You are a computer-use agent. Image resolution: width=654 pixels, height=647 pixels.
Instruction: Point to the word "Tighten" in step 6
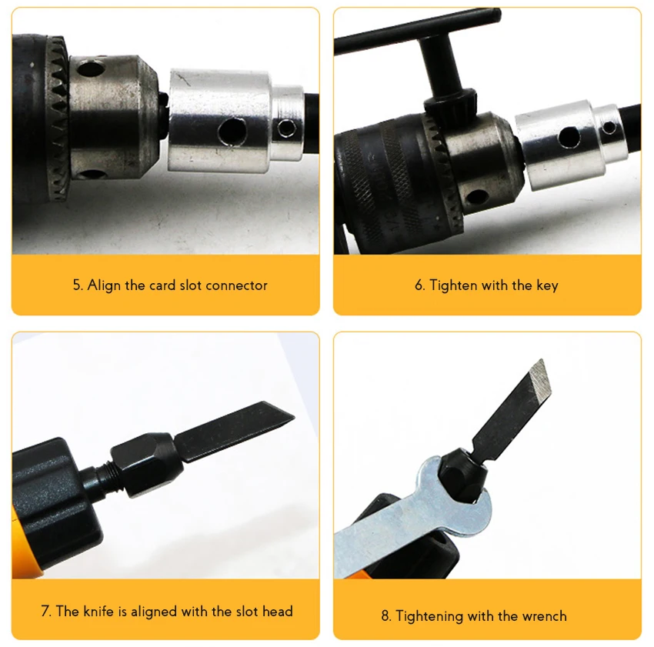453,285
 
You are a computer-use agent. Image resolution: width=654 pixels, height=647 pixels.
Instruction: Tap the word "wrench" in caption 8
544,615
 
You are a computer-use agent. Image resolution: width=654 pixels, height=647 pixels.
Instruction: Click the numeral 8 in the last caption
386,615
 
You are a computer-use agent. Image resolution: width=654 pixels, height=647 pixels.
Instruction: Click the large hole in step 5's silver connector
232,131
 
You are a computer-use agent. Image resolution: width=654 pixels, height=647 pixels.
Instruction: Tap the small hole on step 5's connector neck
286,127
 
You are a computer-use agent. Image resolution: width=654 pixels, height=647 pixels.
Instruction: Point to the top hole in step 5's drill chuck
91,68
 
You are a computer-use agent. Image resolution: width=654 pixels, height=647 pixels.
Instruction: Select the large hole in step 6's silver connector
569,137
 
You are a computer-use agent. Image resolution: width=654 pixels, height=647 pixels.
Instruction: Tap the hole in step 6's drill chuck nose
477,196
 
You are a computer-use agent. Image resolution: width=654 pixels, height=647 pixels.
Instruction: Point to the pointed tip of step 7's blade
294,416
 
